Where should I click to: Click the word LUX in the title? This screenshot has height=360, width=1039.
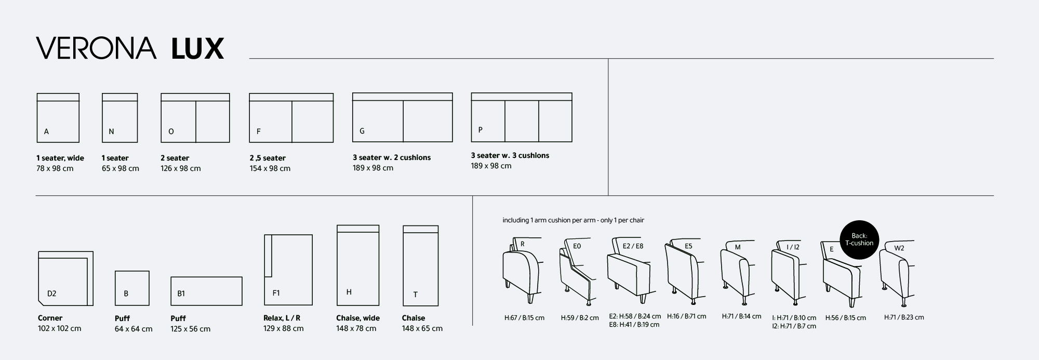(197, 48)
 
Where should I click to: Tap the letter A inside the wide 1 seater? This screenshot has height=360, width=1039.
(46, 132)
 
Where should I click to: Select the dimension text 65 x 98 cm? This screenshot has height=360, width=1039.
(121, 168)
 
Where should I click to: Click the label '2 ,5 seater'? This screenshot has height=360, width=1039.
(268, 158)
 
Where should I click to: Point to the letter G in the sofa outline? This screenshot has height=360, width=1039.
(362, 131)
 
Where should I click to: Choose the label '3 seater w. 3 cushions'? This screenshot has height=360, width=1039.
(510, 155)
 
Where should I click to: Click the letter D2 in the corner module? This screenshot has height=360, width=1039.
(51, 294)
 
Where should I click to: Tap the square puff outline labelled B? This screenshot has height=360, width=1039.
(132, 288)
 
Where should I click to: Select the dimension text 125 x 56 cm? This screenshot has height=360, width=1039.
(191, 329)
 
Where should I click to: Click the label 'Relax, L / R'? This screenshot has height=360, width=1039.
(282, 318)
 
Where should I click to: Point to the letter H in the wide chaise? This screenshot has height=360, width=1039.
(349, 292)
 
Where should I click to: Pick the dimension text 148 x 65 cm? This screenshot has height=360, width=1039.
(422, 328)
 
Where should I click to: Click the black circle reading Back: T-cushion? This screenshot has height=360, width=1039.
(859, 239)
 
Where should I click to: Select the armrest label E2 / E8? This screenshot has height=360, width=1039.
(633, 246)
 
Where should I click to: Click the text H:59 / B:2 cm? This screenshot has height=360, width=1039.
(580, 317)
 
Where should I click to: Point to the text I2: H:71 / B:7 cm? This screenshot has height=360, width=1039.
(794, 326)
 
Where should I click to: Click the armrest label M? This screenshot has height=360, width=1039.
(738, 247)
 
